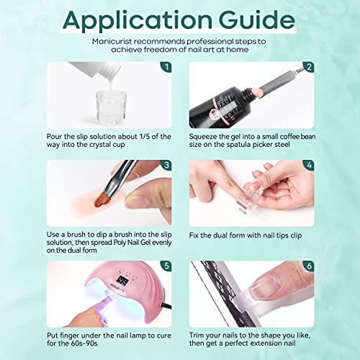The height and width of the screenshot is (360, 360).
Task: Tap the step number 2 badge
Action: [x=309, y=68]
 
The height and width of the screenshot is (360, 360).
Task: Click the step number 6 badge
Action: [x=309, y=266]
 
